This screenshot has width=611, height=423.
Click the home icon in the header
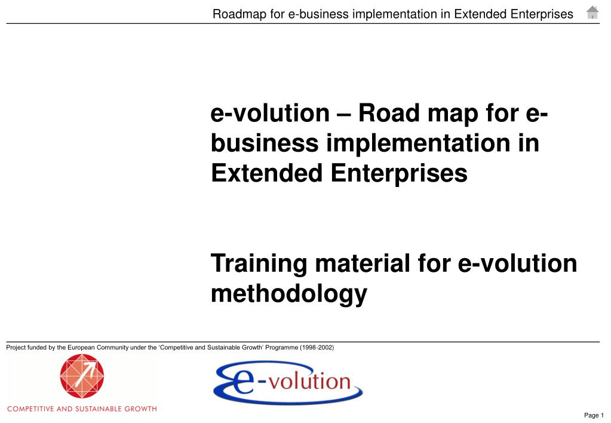click(x=592, y=13)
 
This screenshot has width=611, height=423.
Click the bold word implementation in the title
click(x=418, y=144)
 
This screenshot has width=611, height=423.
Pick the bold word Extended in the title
click(x=266, y=173)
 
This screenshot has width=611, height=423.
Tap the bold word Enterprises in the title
click(x=399, y=174)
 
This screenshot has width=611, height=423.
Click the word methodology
click(x=288, y=295)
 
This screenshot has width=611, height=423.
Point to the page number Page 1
click(x=594, y=415)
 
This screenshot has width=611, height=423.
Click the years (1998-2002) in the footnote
click(x=317, y=347)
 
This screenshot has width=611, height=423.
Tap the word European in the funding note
click(x=81, y=347)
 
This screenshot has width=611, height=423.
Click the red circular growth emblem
click(x=82, y=376)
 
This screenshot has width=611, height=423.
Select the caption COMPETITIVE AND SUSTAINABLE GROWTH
click(x=82, y=409)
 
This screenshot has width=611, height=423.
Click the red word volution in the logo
click(x=310, y=381)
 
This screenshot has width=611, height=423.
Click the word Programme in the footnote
click(x=282, y=347)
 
